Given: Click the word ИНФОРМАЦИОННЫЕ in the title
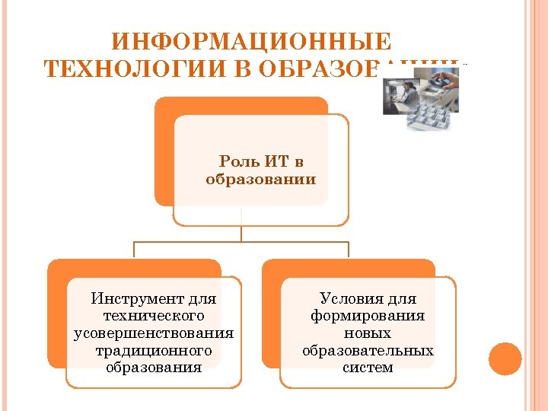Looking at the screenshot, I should pos(251,41).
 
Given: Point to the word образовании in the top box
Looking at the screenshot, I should pos(261,180).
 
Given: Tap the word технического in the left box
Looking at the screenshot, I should pos(153,316).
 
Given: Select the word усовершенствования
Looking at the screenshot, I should pos(153,333).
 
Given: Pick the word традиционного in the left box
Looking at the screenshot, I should pos(153,351).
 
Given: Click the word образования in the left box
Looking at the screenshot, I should pos(154,368).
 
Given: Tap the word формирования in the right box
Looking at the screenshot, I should pos(368,316).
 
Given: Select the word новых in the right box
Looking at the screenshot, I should pos(368,333).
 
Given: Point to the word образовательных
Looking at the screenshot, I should pos(368,351).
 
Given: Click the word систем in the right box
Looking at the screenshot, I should pos(368,368).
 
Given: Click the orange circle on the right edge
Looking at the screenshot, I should pos(505,358).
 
